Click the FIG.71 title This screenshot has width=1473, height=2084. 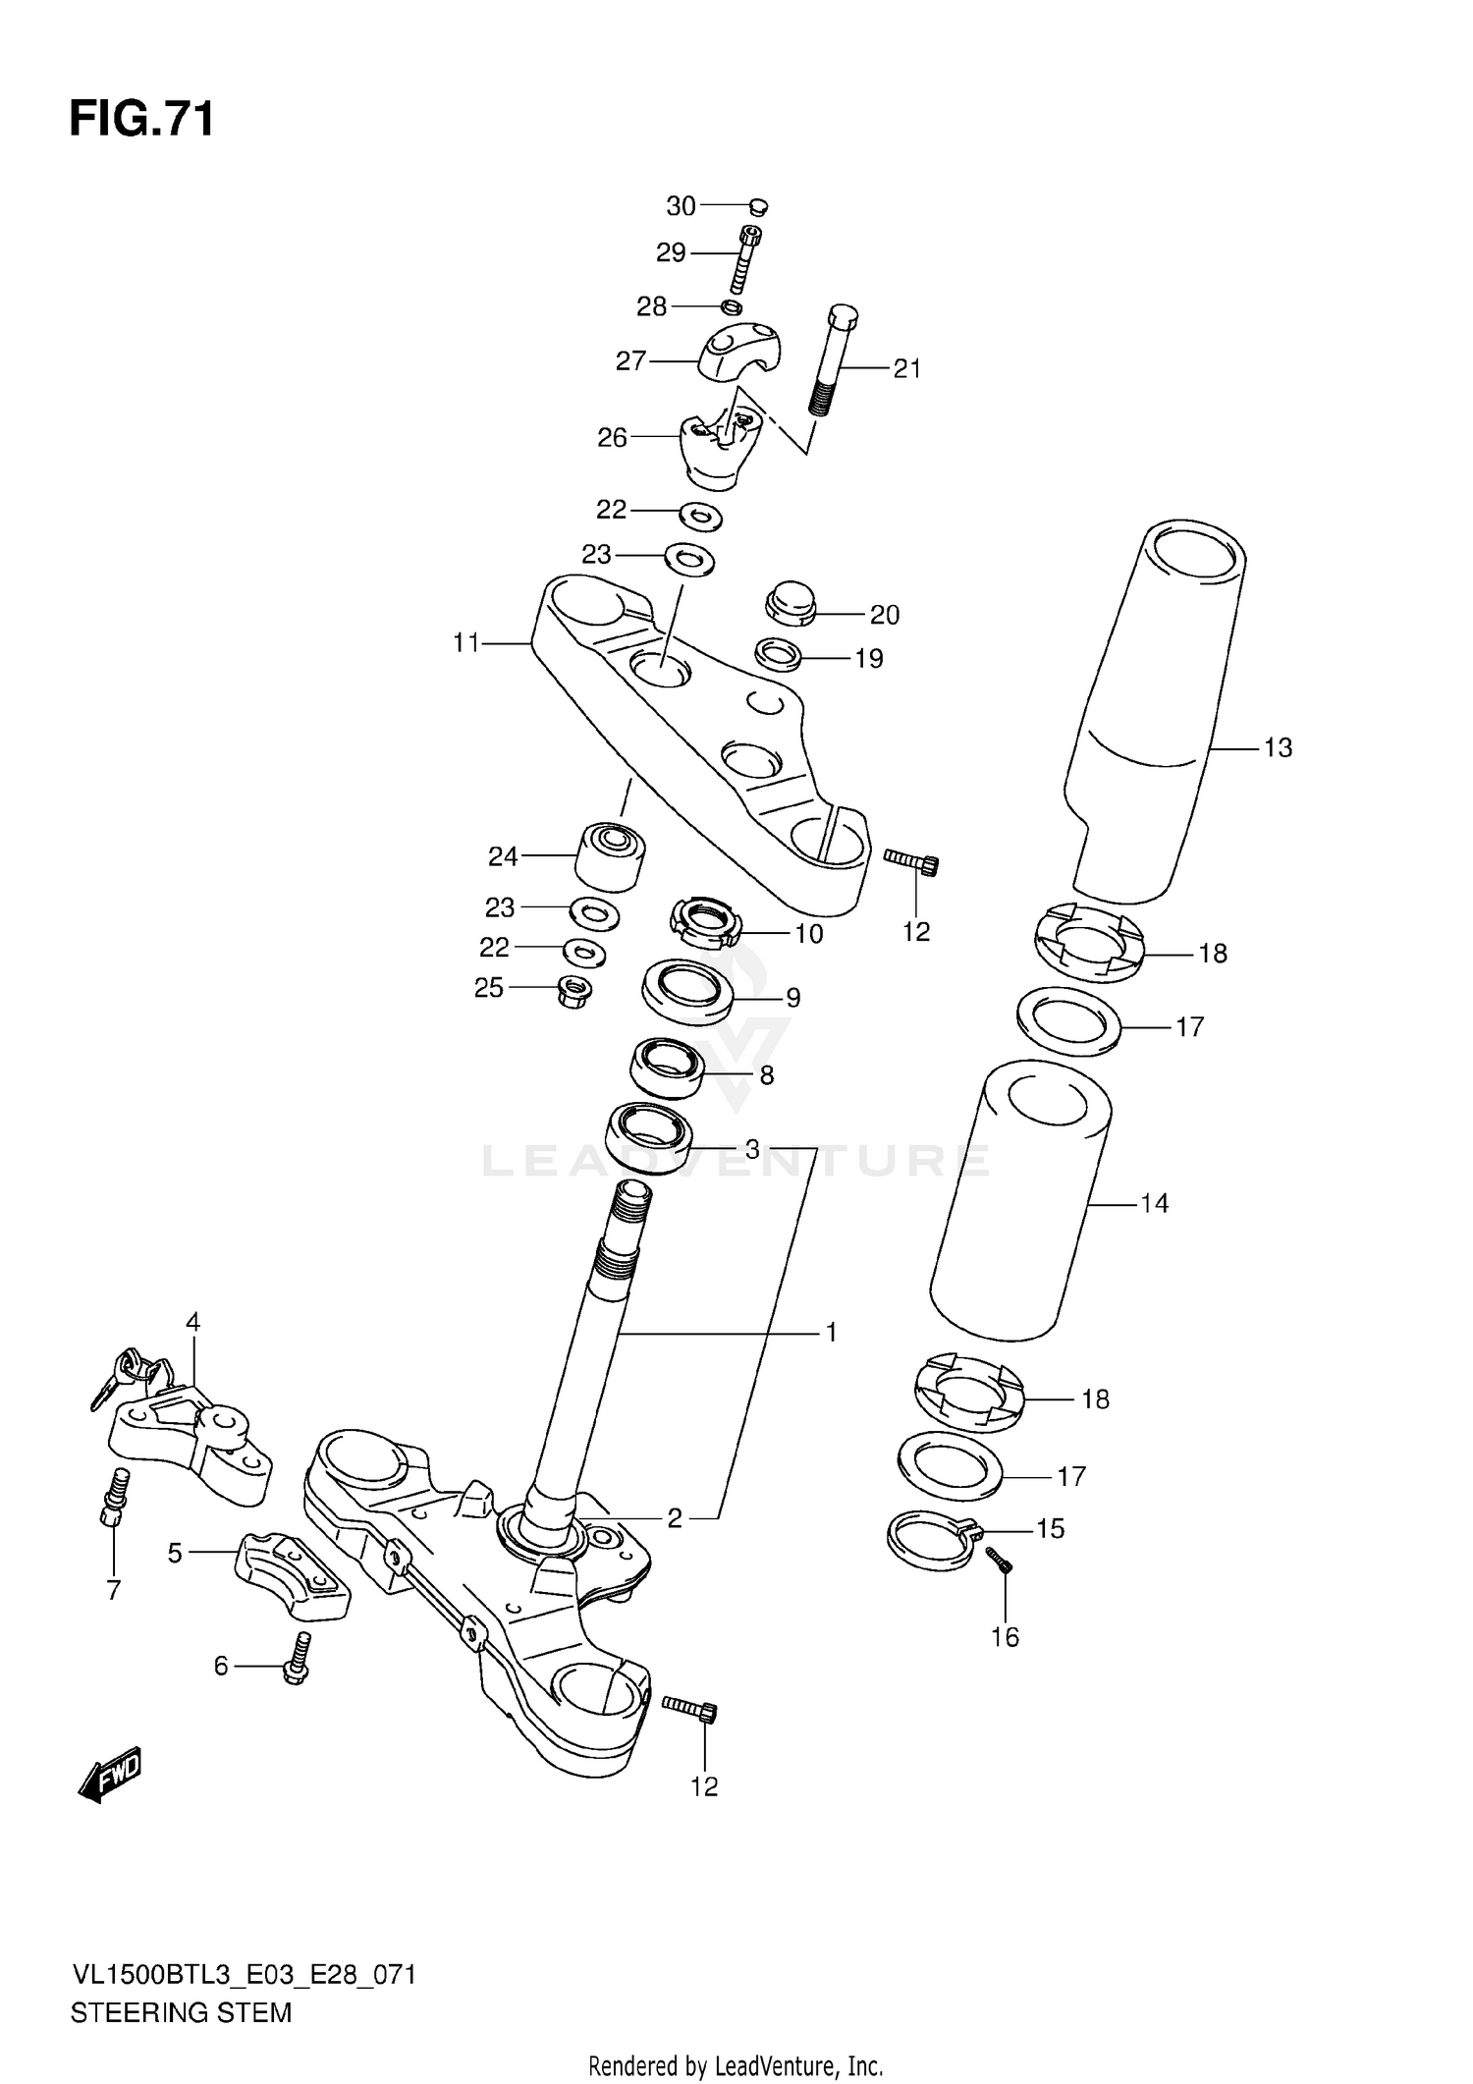pyautogui.click(x=141, y=120)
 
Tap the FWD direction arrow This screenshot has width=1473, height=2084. pyautogui.click(x=111, y=1774)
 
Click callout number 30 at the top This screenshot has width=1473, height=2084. pyautogui.click(x=681, y=206)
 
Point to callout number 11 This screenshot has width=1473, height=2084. pyautogui.click(x=465, y=643)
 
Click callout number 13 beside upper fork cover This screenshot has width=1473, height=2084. pyautogui.click(x=1278, y=748)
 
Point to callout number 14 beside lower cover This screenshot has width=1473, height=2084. pyautogui.click(x=1154, y=1203)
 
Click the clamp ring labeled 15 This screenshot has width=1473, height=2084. pyautogui.click(x=930, y=1540)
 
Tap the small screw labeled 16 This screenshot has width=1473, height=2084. pyautogui.click(x=999, y=1561)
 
